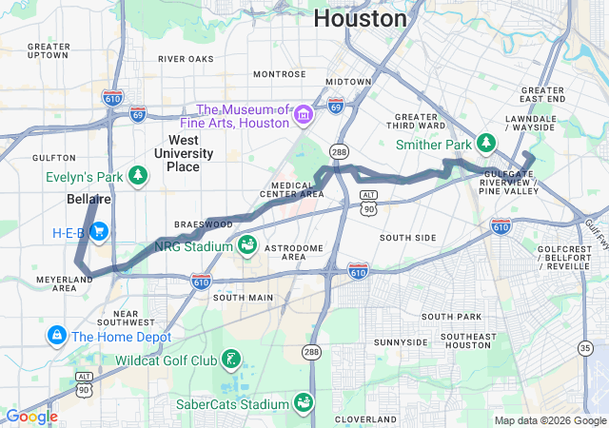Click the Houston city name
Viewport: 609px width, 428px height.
click(360, 18)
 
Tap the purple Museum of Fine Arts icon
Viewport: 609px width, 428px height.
click(304, 115)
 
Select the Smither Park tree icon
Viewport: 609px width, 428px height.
click(486, 143)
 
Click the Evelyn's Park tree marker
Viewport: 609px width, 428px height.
click(139, 175)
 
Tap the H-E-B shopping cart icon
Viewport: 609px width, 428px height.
click(99, 232)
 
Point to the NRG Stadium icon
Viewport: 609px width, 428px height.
click(246, 245)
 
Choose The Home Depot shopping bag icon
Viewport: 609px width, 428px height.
click(56, 336)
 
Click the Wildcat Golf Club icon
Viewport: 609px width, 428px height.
click(231, 360)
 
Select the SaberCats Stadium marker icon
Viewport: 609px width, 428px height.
click(304, 403)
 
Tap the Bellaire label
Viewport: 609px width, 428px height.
click(89, 200)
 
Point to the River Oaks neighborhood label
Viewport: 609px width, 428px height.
click(187, 59)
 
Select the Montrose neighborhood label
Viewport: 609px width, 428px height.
click(280, 74)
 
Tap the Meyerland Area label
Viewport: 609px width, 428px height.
click(65, 282)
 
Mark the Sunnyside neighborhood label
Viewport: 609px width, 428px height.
click(401, 341)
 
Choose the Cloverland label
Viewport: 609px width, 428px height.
click(365, 418)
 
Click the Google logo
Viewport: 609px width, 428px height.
click(31, 417)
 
